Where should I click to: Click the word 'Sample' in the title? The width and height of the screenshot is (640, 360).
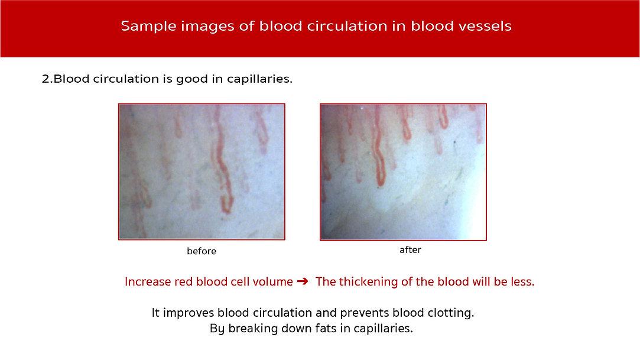point(148,27)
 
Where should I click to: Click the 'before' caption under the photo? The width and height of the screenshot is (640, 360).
point(202,251)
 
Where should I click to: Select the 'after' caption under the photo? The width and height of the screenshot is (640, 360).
point(410,250)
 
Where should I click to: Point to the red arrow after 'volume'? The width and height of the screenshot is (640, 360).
point(303,281)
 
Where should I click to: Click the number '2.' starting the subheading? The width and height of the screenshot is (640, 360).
point(47,79)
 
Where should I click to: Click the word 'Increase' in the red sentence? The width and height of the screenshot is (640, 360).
point(148,281)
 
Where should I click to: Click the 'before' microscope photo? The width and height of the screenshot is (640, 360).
point(202,171)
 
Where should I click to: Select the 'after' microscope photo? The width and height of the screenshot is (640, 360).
point(403,172)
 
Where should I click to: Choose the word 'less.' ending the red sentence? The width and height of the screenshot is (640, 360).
point(522,281)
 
